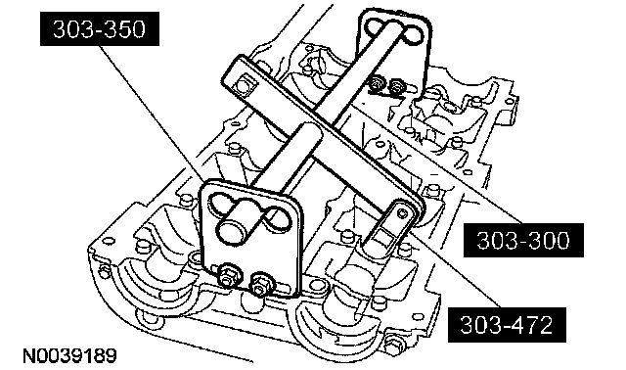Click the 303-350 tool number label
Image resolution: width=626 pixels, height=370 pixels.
(100, 28)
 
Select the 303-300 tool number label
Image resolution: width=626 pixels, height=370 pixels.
(523, 240)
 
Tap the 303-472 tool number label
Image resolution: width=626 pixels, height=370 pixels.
(507, 324)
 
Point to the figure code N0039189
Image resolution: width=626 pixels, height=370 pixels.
(69, 355)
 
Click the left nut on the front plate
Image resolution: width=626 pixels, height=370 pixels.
(229, 274)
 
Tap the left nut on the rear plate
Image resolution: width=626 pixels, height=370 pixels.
(376, 83)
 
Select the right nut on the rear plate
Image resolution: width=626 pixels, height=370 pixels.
(395, 85)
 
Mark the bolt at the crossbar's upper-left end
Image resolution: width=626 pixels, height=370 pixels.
(242, 85)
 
